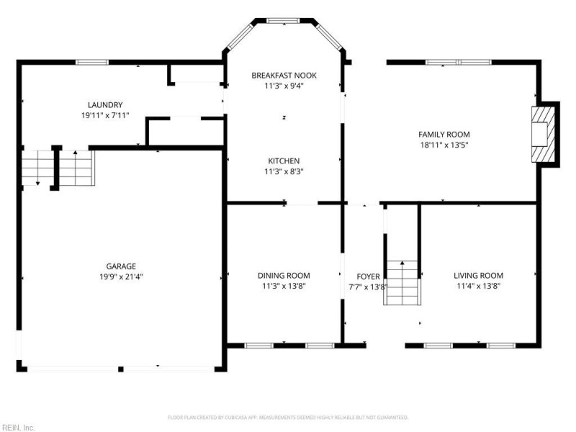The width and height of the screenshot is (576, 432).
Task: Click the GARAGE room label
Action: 121,266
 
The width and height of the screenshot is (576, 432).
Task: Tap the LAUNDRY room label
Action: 105,104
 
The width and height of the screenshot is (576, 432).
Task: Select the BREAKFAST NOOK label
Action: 284,75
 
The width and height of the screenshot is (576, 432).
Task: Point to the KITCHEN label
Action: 284,161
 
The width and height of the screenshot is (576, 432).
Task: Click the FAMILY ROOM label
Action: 444,134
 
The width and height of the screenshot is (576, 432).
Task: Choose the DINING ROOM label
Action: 284,275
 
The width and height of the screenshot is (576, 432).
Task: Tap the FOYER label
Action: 368,276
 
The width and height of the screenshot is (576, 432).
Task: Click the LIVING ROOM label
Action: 478,275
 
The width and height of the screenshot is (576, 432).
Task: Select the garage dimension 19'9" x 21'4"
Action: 121,276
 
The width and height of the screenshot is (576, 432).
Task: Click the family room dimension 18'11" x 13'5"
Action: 444,144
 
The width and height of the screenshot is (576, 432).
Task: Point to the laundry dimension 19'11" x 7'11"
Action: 105,114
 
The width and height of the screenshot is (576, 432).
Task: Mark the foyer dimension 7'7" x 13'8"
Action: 368,286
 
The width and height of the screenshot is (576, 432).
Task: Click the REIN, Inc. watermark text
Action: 18,427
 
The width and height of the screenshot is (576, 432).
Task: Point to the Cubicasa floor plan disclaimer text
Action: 288,418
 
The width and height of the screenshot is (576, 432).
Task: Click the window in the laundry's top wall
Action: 89,62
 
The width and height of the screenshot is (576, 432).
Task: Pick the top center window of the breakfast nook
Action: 283,21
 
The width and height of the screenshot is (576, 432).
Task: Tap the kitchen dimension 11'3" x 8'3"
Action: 284,171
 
